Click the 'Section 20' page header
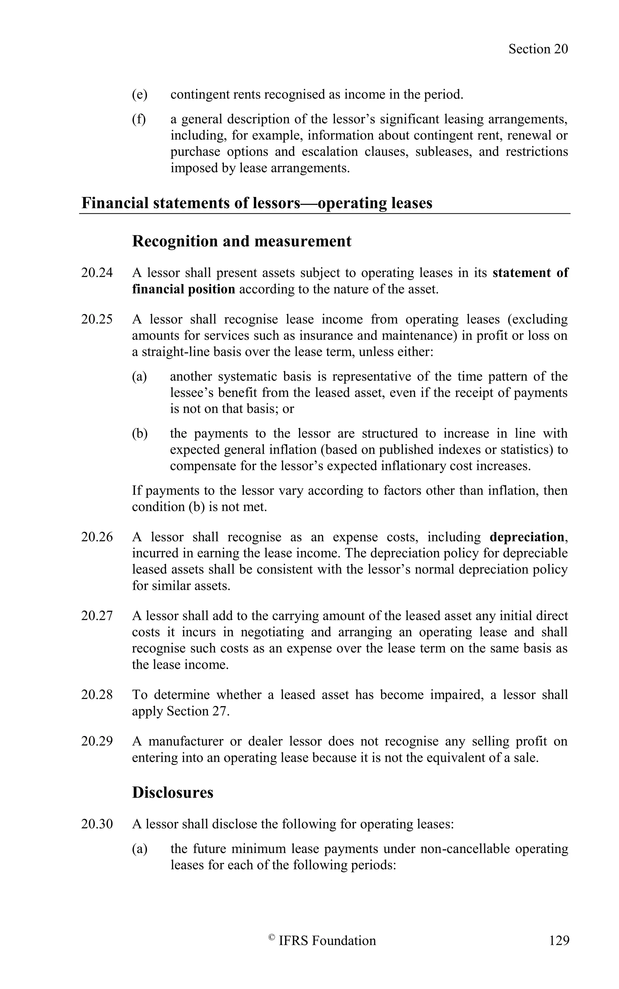click(x=538, y=49)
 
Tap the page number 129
click(x=559, y=941)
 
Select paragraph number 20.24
click(x=97, y=273)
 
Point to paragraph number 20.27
click(x=97, y=616)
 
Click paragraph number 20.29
click(x=97, y=741)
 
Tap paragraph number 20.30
click(x=97, y=824)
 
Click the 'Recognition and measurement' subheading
click(x=241, y=241)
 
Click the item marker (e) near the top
click(x=139, y=95)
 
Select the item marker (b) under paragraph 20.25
click(x=139, y=433)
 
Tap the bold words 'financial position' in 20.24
click(x=183, y=289)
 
